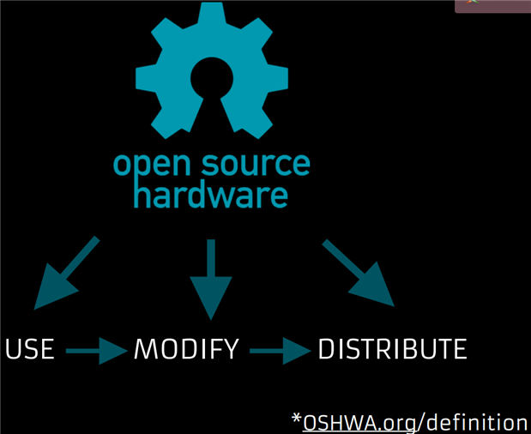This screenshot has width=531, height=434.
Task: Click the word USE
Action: tap(30, 350)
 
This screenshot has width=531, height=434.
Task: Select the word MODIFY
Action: tap(186, 350)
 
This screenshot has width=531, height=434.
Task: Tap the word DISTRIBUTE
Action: tap(392, 350)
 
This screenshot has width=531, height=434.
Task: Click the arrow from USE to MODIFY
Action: tap(95, 350)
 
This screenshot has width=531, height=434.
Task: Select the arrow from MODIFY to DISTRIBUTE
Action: tap(280, 350)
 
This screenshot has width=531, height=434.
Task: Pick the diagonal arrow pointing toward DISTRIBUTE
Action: tap(359, 273)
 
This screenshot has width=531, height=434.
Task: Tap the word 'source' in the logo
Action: tap(256, 165)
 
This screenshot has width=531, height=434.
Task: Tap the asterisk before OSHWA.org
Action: tap(296, 419)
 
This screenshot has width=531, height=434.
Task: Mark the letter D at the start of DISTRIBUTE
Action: tap(328, 350)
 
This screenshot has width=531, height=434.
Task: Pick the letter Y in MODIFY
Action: tap(230, 350)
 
